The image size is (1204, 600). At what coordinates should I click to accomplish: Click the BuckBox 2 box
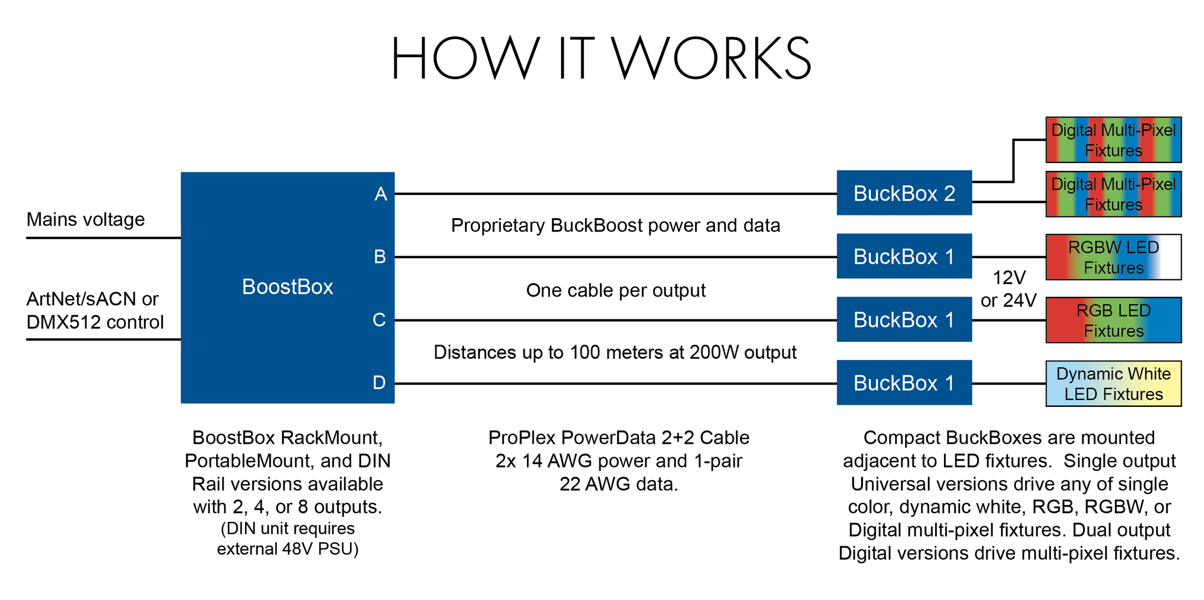tap(904, 193)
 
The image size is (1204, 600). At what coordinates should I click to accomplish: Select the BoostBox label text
tap(288, 287)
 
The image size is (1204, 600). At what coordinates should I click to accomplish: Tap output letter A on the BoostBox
tap(381, 194)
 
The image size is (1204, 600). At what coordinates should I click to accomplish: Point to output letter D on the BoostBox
tap(379, 383)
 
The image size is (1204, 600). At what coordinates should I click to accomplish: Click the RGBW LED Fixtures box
tap(1113, 257)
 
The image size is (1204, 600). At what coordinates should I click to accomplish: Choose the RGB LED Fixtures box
tap(1113, 320)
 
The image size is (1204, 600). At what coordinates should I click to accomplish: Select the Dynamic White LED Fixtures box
tap(1113, 384)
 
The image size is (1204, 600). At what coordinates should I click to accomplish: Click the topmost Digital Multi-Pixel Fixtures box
tap(1113, 140)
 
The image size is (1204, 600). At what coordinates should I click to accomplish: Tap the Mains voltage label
tap(85, 220)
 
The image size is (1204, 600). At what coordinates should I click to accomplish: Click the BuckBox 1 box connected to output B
tap(904, 256)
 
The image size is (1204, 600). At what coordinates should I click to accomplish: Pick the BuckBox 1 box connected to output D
tap(904, 383)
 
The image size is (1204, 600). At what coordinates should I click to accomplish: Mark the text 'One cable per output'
tap(615, 291)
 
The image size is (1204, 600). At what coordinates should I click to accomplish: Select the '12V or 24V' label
tap(1008, 289)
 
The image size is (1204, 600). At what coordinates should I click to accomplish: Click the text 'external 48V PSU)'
tap(288, 549)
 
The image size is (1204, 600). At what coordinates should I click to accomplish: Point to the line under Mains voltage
tap(104, 238)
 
